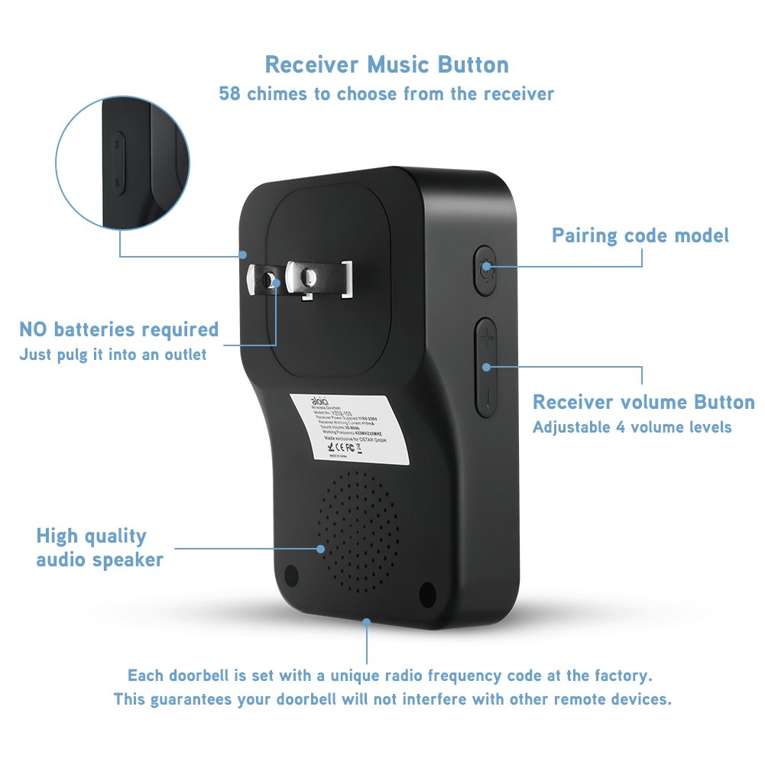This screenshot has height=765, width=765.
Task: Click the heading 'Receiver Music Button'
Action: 386,64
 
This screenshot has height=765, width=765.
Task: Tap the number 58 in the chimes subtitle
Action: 232,94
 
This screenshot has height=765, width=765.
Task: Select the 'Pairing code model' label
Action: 640,235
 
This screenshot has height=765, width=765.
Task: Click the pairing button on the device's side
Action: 485,268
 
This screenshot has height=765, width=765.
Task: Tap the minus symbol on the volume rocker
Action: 487,397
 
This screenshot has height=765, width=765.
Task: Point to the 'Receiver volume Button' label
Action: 643,402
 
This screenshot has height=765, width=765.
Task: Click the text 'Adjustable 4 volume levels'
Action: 632,426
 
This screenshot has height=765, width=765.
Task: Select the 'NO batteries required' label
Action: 118,329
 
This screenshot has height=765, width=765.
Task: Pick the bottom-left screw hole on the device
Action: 290,575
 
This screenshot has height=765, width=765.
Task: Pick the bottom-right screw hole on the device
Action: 427,592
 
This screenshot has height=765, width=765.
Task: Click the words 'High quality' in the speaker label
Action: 91,536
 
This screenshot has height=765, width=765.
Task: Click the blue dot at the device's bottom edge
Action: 368,623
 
